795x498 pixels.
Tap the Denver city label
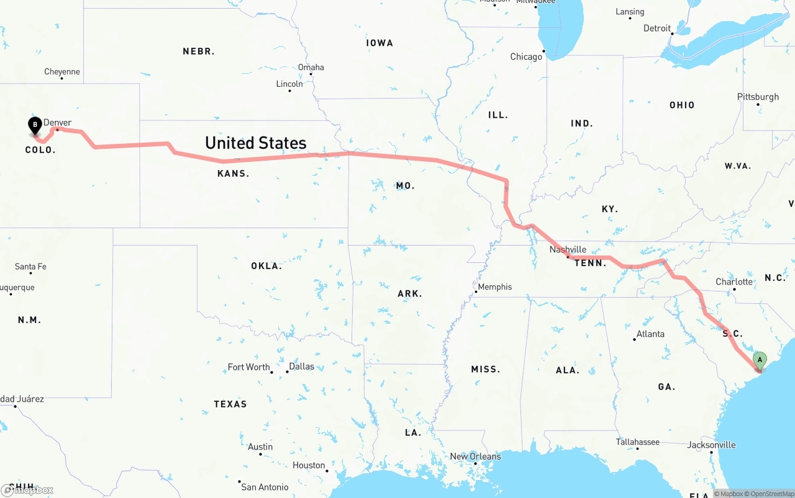[57, 122]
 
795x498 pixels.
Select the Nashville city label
[568, 249]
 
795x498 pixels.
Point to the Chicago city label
[526, 56]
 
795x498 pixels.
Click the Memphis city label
[495, 287]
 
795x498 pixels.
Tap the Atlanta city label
[650, 334]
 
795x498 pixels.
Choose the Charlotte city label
[734, 282]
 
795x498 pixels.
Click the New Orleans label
[475, 456]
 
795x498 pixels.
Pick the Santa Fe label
[30, 267]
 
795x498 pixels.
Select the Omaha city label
[311, 67]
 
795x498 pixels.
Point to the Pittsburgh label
[758, 97]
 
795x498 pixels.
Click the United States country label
[256, 143]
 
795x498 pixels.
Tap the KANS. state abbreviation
[234, 174]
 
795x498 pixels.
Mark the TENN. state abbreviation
[590, 263]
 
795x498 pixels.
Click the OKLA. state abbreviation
[266, 265]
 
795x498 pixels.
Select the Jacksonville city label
[711, 445]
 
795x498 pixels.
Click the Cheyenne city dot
[62, 79]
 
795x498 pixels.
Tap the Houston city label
[309, 465]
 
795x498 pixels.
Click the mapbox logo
[27, 490]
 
